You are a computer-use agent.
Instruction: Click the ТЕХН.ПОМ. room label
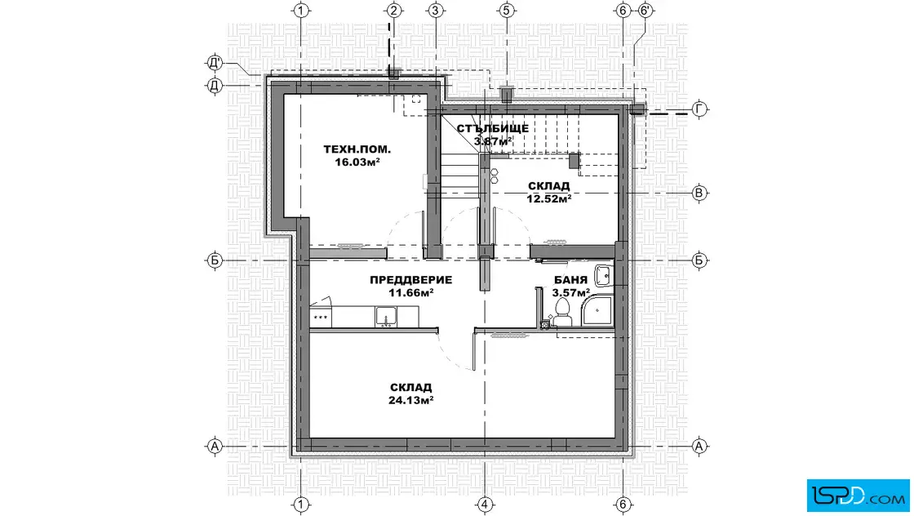[x=357, y=149]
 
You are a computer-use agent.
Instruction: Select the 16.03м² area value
[x=357, y=162]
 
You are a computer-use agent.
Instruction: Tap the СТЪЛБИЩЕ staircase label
[x=493, y=128]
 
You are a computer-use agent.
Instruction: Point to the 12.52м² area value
[x=548, y=198]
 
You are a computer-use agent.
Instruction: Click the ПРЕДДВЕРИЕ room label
[x=410, y=280]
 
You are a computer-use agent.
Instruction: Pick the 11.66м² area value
[x=410, y=292]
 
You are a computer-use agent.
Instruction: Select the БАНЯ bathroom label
[x=570, y=280]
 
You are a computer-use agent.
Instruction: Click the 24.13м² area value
[x=410, y=400]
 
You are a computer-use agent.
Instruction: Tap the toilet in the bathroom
[x=562, y=312]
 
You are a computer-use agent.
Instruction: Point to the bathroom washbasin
[x=603, y=274]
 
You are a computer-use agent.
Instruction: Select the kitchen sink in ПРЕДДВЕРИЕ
[x=386, y=317]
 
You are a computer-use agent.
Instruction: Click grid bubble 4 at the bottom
[x=485, y=505]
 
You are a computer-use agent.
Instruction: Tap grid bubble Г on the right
[x=699, y=109]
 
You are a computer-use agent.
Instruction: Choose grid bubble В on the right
[x=699, y=193]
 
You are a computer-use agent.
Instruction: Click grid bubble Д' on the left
[x=215, y=62]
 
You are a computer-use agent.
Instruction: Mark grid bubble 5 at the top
[x=506, y=11]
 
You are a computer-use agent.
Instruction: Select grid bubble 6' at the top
[x=645, y=11]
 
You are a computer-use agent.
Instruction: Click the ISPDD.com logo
[x=858, y=496]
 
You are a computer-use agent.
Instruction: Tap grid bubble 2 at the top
[x=394, y=11]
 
